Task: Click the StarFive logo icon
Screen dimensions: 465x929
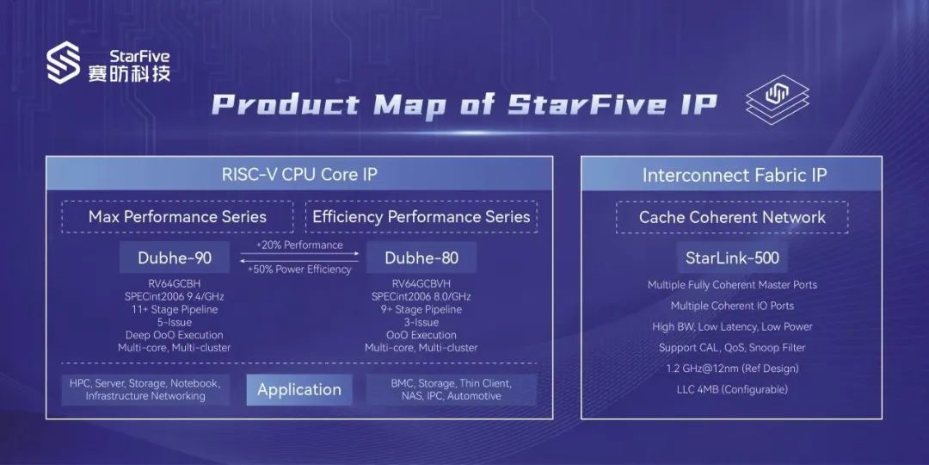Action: click(x=64, y=65)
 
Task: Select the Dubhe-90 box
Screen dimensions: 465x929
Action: click(x=175, y=257)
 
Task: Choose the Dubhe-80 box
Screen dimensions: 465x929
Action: click(x=421, y=257)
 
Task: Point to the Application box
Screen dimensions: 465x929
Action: click(x=298, y=389)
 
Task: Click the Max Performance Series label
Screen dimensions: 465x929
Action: click(x=177, y=217)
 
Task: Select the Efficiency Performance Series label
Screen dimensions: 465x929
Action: click(x=421, y=217)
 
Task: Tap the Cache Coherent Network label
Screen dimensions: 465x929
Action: click(x=732, y=217)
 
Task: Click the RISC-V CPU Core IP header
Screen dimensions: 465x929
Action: click(x=299, y=175)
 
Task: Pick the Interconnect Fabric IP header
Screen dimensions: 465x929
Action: click(x=734, y=175)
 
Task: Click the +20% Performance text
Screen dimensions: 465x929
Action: click(x=299, y=245)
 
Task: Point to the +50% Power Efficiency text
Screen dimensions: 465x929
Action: click(x=299, y=270)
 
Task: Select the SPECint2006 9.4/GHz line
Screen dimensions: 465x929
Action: click(x=175, y=296)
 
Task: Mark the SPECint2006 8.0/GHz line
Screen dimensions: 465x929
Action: click(x=421, y=296)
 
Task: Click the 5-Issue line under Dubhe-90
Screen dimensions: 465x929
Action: click(x=175, y=322)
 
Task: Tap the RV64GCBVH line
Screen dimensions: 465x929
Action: click(x=421, y=283)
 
